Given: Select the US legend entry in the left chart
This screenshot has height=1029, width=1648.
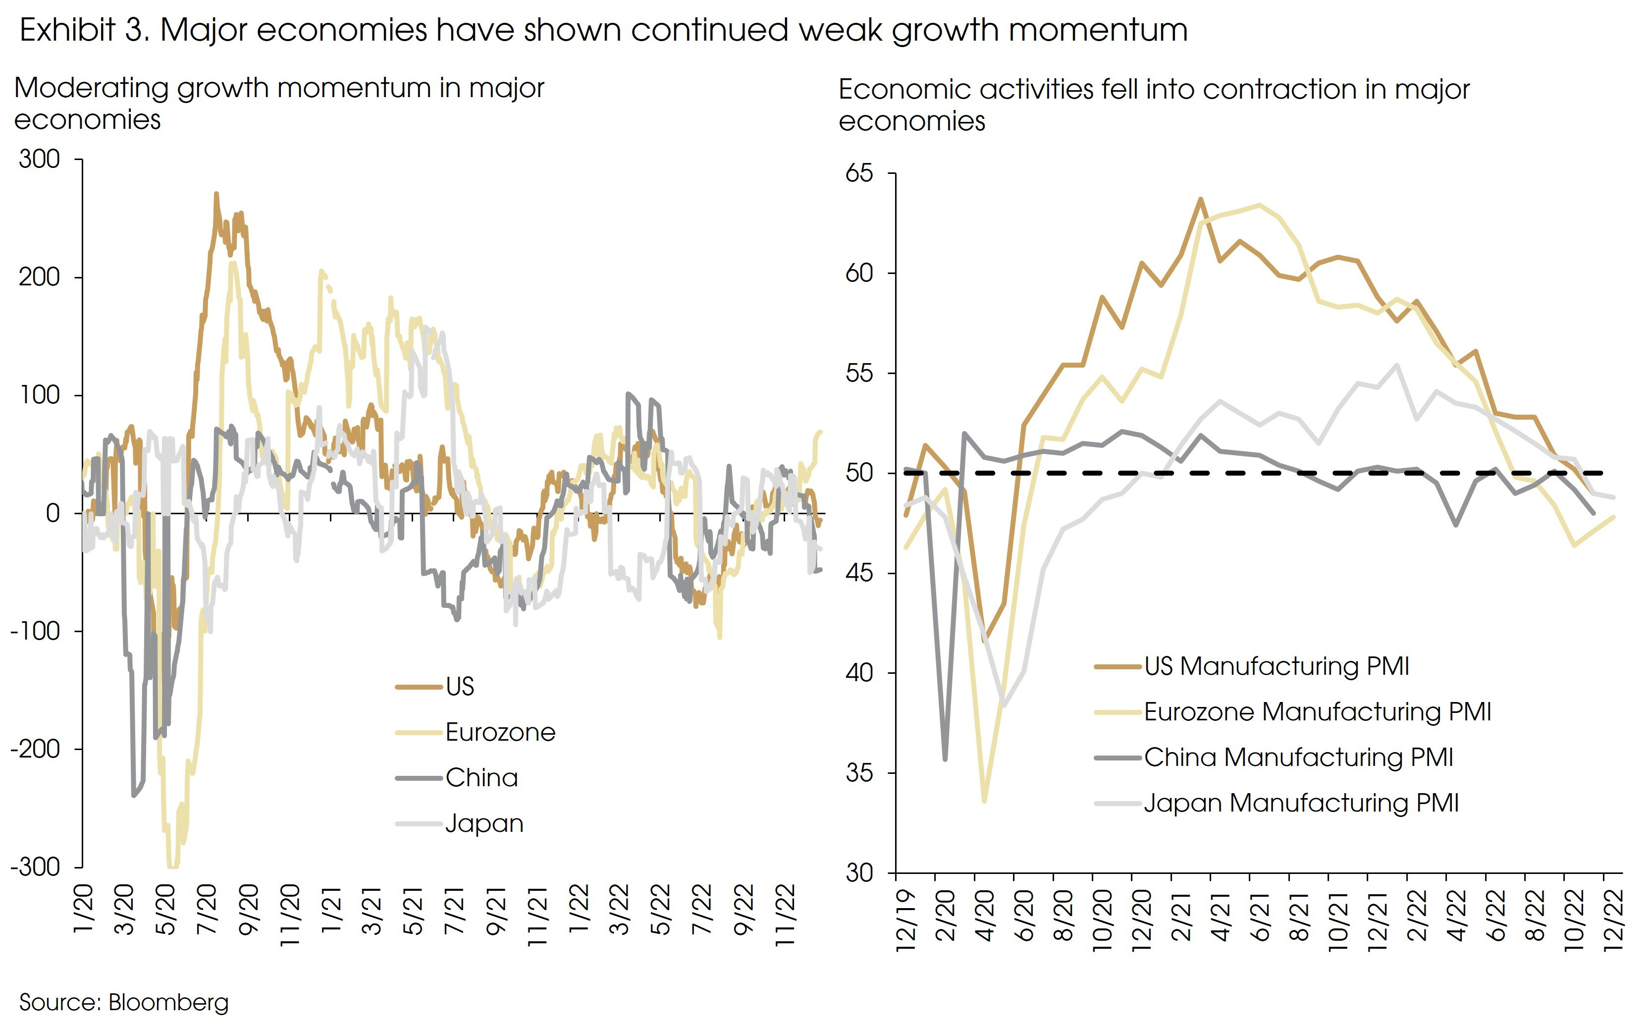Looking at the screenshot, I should [459, 687].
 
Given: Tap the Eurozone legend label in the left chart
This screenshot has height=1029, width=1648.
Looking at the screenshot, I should [500, 732].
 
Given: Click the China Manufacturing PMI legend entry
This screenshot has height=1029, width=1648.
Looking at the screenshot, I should [1298, 758].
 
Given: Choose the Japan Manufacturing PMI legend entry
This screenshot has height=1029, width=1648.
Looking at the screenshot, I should [1300, 803].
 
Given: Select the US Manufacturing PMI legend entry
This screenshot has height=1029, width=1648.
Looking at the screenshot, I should [1276, 666].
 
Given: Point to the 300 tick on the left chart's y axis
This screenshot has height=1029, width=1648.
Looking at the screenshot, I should [40, 160].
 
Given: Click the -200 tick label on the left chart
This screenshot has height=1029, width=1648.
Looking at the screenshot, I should [35, 749].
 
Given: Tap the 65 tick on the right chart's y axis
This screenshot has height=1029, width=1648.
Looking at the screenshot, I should [859, 173].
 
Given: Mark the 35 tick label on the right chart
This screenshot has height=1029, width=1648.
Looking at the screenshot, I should [859, 773].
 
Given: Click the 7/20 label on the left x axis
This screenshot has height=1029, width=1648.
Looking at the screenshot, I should [207, 909].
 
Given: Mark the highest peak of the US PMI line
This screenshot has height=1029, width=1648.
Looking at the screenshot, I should [1200, 199].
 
